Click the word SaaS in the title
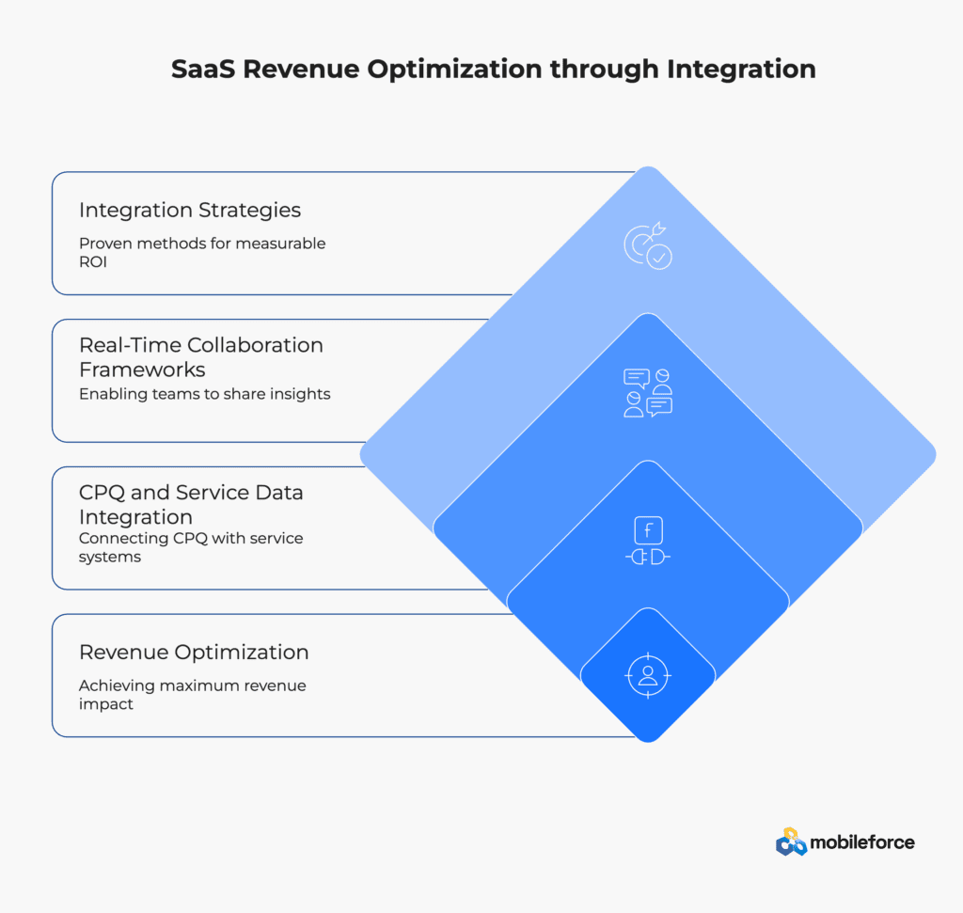click(x=203, y=69)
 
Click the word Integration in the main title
click(x=741, y=70)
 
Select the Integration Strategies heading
click(x=190, y=210)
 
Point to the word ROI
click(x=93, y=262)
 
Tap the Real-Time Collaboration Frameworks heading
click(x=201, y=357)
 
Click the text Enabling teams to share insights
click(x=204, y=394)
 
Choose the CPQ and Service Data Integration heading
click(x=191, y=505)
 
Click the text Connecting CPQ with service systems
click(x=191, y=547)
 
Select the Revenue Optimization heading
click(x=194, y=652)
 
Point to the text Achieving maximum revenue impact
click(x=192, y=695)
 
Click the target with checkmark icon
click(x=648, y=245)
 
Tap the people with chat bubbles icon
click(x=648, y=393)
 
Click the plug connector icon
click(x=648, y=557)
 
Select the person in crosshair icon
click(x=648, y=675)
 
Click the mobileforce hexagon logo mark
click(x=791, y=842)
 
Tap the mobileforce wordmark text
click(x=862, y=842)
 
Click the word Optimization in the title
click(x=454, y=70)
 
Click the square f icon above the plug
click(x=648, y=530)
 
